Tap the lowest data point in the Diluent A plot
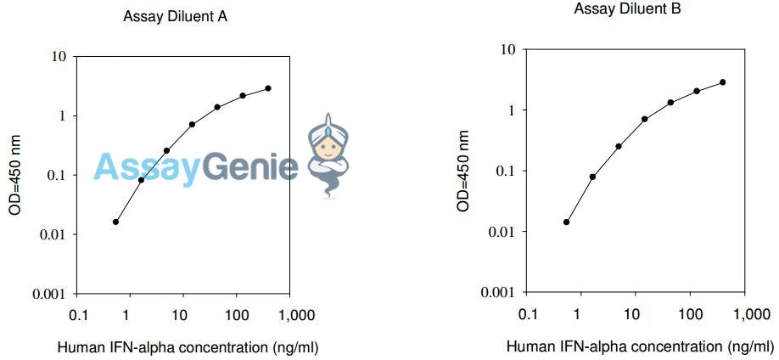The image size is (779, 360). tap(115, 222)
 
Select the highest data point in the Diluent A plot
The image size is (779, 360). tap(268, 88)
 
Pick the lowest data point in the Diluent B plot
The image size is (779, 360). tap(566, 222)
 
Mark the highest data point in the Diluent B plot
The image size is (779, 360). tap(723, 82)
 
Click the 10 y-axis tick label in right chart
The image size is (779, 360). tap(507, 49)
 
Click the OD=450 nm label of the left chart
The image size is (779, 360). tap(15, 174)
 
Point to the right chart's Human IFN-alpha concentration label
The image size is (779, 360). tap(640, 346)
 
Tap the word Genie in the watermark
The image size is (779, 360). tap(249, 166)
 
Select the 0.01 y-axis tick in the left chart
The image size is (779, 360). tap(54, 234)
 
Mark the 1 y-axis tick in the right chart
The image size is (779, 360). tap(511, 110)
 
